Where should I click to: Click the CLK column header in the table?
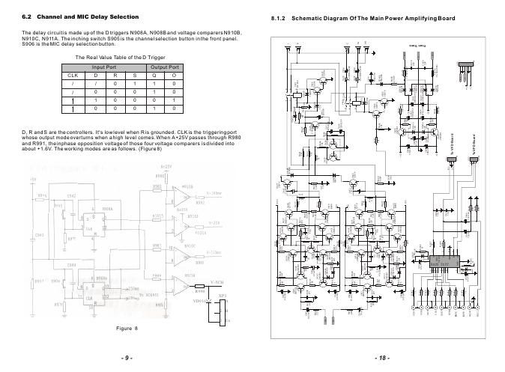[73, 76]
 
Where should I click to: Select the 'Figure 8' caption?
[128, 329]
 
